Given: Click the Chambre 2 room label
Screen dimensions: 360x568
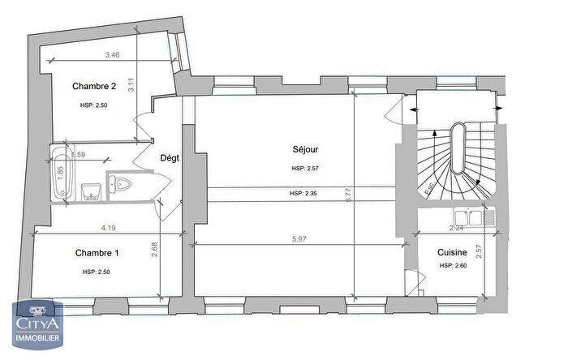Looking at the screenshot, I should tap(94, 86).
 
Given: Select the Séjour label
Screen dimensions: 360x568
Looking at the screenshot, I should tap(305, 149).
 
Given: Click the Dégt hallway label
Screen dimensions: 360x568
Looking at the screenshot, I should tap(170, 158).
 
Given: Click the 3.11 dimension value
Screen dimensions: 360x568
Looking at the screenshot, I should tap(131, 82).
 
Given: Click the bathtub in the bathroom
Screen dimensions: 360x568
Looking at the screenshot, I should tap(61, 172).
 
